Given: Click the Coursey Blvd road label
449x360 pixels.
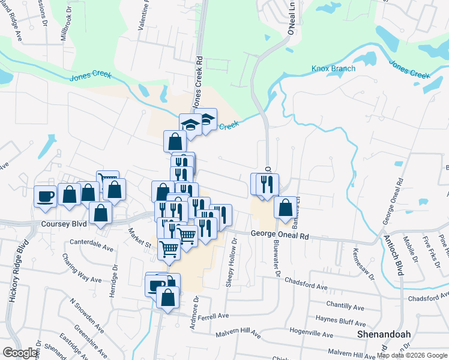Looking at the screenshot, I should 64,224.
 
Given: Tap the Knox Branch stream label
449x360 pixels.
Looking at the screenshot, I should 333,68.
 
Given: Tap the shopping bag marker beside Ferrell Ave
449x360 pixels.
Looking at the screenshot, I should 167,296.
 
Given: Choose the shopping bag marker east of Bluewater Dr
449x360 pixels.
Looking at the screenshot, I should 286,208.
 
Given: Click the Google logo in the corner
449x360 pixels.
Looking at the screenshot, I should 20,353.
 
